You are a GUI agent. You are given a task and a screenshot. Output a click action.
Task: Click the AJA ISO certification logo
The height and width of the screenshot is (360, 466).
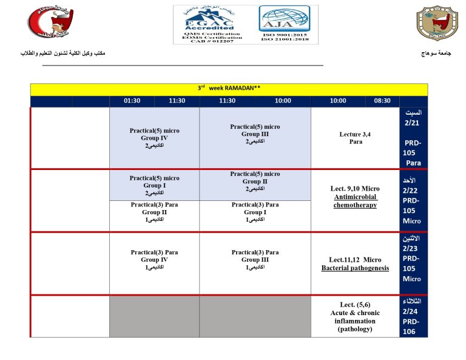(280, 24)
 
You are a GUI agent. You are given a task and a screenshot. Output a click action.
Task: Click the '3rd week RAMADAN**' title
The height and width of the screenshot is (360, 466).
(229, 88)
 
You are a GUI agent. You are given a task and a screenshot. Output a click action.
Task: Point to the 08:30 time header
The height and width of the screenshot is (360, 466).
(382, 101)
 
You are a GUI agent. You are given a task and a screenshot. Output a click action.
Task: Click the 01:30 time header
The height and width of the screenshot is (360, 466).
(132, 101)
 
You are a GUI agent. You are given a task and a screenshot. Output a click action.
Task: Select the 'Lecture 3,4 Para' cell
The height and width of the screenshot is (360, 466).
(355, 138)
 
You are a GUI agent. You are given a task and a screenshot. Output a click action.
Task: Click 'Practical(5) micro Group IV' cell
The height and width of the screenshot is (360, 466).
(154, 138)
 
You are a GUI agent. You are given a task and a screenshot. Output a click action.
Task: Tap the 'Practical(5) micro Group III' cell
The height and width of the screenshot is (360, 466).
(255, 134)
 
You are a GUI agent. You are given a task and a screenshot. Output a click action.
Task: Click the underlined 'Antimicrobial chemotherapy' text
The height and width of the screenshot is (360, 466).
(355, 201)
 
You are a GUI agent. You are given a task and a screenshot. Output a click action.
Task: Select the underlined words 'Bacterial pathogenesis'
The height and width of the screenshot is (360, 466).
(355, 268)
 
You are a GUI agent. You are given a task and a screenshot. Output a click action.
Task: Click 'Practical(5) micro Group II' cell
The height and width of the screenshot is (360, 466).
(255, 181)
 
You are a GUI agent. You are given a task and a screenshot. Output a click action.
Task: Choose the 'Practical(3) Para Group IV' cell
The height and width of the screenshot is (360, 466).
(154, 259)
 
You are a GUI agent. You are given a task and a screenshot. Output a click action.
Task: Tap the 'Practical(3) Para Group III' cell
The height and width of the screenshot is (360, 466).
(255, 259)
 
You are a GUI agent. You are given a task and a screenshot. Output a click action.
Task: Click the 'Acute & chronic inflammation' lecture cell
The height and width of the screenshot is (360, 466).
(355, 317)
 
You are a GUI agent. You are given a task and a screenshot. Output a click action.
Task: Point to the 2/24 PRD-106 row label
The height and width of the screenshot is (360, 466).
(413, 316)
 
